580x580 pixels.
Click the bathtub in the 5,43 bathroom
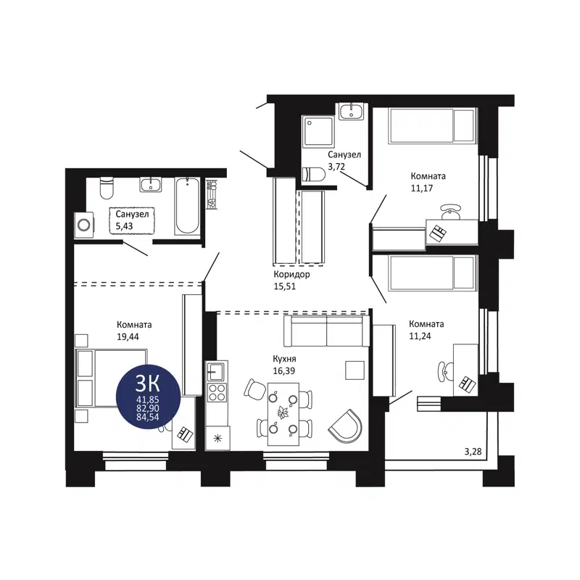click(187, 205)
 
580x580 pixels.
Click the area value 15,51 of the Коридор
click(285, 286)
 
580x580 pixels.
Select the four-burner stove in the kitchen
click(216, 392)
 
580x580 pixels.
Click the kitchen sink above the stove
click(215, 372)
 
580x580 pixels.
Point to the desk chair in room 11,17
click(451, 211)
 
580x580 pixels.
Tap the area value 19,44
click(128, 336)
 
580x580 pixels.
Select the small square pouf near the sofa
click(353, 369)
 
